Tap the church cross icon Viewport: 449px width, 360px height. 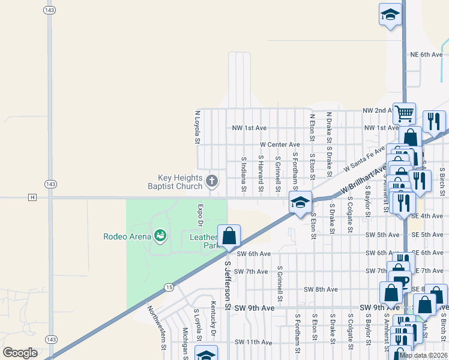[211, 181]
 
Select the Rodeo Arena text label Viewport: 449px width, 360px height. [128, 236]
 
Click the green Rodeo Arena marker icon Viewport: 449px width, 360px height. [160, 236]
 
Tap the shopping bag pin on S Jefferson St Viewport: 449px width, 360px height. [229, 236]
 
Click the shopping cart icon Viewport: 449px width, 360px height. [404, 112]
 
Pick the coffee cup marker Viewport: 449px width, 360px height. [400, 280]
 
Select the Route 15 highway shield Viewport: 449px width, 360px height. [170, 288]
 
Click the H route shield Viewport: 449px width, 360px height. [32, 197]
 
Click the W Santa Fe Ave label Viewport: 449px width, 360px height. [363, 158]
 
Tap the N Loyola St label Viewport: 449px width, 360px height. [197, 127]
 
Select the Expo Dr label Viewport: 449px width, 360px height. [201, 215]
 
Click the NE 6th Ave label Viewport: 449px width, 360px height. [426, 55]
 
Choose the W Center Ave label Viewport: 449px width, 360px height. [280, 145]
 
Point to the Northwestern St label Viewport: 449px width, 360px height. [157, 328]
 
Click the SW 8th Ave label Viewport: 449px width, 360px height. [321, 289]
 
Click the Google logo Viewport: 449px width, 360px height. [20, 353]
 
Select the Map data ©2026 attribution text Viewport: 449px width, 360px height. [423, 355]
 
